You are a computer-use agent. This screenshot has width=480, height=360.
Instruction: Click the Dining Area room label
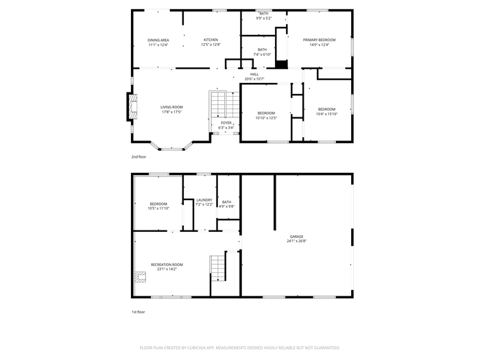click(x=158, y=40)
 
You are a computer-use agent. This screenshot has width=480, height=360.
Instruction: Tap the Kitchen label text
click(x=211, y=40)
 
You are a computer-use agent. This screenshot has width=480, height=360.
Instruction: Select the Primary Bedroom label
click(x=320, y=40)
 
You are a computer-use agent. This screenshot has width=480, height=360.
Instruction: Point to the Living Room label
click(x=171, y=107)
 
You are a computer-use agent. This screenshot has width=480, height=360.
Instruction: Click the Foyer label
click(x=226, y=123)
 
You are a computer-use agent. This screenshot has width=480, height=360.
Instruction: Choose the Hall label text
click(x=254, y=74)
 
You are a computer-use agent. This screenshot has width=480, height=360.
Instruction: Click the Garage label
click(x=297, y=237)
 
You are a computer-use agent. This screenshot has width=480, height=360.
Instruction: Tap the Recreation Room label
click(x=167, y=265)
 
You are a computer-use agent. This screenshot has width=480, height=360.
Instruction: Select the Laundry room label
click(x=204, y=200)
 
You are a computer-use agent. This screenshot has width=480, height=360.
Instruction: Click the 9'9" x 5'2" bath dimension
click(x=264, y=19)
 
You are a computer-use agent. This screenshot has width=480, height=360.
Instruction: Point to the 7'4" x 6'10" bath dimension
click(x=263, y=54)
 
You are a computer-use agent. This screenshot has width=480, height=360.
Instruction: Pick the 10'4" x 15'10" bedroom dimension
click(x=326, y=115)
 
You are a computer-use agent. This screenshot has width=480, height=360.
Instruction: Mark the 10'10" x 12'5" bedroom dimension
click(x=266, y=118)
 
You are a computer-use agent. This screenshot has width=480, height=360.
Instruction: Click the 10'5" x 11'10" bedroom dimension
click(x=158, y=208)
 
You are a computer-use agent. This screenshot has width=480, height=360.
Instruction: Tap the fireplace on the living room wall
click(x=132, y=106)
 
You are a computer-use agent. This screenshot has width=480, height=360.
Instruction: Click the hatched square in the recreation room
click(x=141, y=277)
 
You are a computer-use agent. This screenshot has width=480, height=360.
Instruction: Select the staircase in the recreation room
click(x=218, y=268)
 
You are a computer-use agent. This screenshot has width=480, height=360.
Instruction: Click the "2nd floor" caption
click(x=139, y=157)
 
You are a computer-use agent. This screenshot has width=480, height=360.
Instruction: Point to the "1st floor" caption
click(x=139, y=312)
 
